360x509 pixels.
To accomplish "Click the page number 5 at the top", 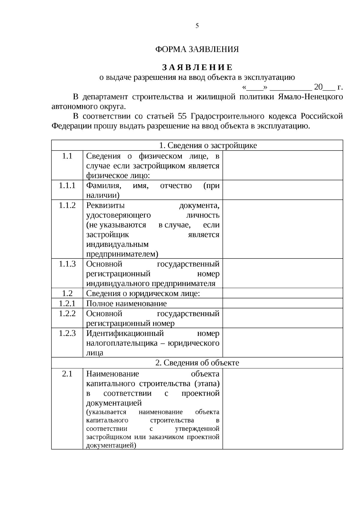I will coord(197,26).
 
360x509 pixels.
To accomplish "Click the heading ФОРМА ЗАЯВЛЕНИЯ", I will coord(197,49).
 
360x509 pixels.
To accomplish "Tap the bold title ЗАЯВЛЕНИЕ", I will coord(197,67).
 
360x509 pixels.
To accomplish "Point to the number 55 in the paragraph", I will coord(182,116).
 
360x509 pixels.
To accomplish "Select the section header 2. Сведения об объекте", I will coord(197,363).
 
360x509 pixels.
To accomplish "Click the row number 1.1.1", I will coord(67,186).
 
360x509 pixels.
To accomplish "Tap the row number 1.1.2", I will coord(67,205).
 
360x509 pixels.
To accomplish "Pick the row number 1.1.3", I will coord(67,264).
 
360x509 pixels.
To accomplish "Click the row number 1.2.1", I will coord(67,303).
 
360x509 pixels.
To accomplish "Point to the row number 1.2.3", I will coord(67,333).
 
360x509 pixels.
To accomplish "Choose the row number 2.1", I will coord(67,374).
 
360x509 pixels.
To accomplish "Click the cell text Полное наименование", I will coord(126,304).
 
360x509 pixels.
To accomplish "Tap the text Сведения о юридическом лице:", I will coord(143,293).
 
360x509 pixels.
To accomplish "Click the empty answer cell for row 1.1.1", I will coord(283,190).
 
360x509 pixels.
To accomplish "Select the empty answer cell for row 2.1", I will coord(283,409).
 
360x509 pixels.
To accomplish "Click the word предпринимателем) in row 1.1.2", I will coord(122,254).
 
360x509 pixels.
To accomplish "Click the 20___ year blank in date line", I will coord(324,87).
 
